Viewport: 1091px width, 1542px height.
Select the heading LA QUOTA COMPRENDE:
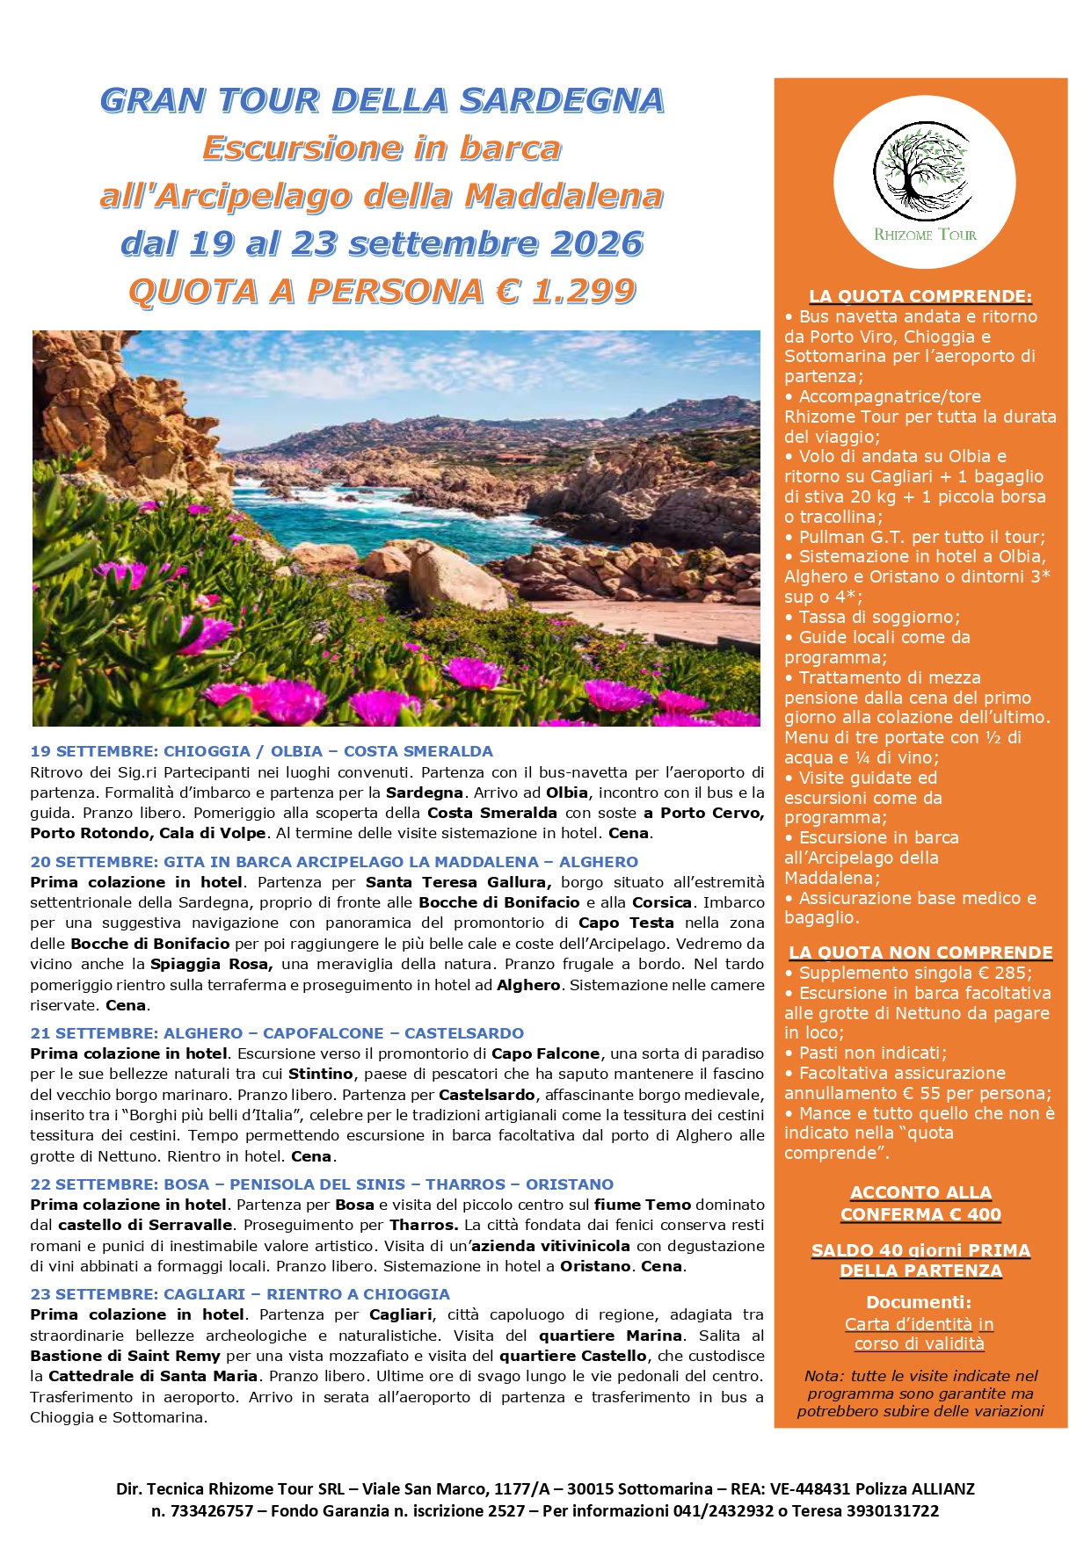coord(920,296)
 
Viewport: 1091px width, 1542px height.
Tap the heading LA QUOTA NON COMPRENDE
coord(920,952)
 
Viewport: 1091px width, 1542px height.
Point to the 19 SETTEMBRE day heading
coord(261,751)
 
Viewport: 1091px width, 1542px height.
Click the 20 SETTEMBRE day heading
coord(334,862)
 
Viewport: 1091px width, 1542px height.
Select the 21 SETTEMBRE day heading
coord(277,1033)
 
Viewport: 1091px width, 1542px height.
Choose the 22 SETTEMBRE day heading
coord(322,1184)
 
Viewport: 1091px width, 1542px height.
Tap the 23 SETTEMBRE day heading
coord(240,1294)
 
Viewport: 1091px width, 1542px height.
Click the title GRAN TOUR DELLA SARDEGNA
coord(382,100)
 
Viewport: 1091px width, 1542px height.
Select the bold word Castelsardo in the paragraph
coord(486,1095)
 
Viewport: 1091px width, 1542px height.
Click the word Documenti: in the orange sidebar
coord(920,1302)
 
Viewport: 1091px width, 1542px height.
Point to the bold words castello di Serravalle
coord(145,1225)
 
